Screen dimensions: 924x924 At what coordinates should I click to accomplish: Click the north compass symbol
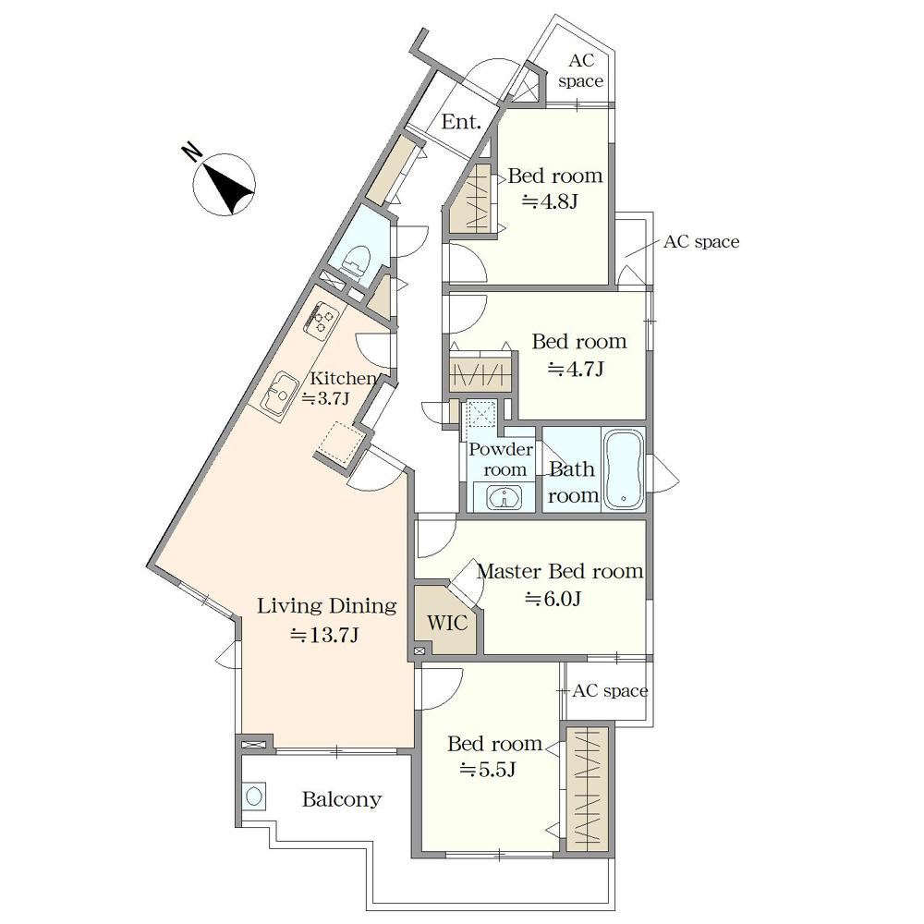coord(225,184)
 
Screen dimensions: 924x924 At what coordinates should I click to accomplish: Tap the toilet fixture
coord(357,260)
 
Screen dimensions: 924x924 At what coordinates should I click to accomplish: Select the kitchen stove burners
coord(322,319)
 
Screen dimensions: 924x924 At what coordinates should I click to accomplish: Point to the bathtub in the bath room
coord(623,469)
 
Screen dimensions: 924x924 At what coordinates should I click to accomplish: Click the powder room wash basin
coord(504,497)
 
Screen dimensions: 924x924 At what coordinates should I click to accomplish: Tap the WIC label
coord(447,622)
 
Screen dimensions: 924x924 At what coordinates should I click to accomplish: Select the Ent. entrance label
coord(461,122)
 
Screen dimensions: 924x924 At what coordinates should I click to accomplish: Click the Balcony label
coord(342,799)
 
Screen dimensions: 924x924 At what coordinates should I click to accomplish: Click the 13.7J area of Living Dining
coord(324,635)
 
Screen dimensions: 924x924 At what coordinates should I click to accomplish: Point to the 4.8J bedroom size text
coord(550,202)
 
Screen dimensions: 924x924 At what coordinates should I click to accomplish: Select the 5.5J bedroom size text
coord(488,770)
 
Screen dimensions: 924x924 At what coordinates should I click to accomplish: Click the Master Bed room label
coord(560,571)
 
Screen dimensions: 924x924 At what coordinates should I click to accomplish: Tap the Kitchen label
coord(343,378)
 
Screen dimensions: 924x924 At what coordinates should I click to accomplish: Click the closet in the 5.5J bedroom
coord(587,789)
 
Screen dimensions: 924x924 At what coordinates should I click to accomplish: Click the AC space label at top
coord(581,71)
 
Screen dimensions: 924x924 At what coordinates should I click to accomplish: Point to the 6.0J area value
coord(553,599)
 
